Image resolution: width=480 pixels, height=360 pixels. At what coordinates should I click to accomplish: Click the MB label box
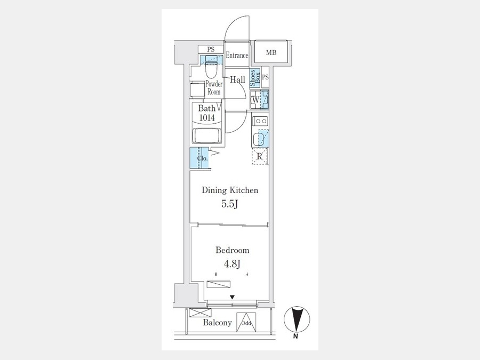coord(271,52)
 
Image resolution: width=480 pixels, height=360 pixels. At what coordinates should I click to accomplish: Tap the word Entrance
coord(237,55)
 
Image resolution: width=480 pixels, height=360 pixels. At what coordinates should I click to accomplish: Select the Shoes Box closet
coord(255,78)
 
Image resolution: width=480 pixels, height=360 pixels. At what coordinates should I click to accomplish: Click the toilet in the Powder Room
coord(211,68)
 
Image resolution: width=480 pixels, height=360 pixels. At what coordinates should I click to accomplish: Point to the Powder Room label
coord(214,87)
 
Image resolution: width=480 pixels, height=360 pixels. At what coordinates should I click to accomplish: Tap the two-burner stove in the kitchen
coord(260,121)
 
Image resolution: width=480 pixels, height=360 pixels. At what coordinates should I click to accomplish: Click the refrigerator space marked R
coord(260,156)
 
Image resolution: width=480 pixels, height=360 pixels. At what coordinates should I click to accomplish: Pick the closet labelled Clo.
coord(199,158)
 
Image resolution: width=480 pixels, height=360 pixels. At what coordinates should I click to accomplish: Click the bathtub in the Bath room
coord(207,135)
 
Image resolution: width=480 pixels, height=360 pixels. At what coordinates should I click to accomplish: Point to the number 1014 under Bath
coord(207,117)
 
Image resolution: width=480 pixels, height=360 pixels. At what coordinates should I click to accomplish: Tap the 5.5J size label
coord(229,204)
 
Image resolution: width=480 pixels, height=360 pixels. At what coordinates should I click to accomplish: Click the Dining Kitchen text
coord(230,190)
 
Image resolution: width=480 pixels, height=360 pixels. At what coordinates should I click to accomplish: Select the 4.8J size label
coord(232,263)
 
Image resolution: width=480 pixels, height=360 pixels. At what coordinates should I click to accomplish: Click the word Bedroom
coord(233,250)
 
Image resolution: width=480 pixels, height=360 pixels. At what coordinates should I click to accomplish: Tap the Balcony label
coord(218,322)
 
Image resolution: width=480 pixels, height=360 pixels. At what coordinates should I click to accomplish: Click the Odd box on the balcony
coord(246,322)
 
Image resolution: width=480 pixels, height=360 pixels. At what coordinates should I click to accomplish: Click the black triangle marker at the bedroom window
coord(233,297)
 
